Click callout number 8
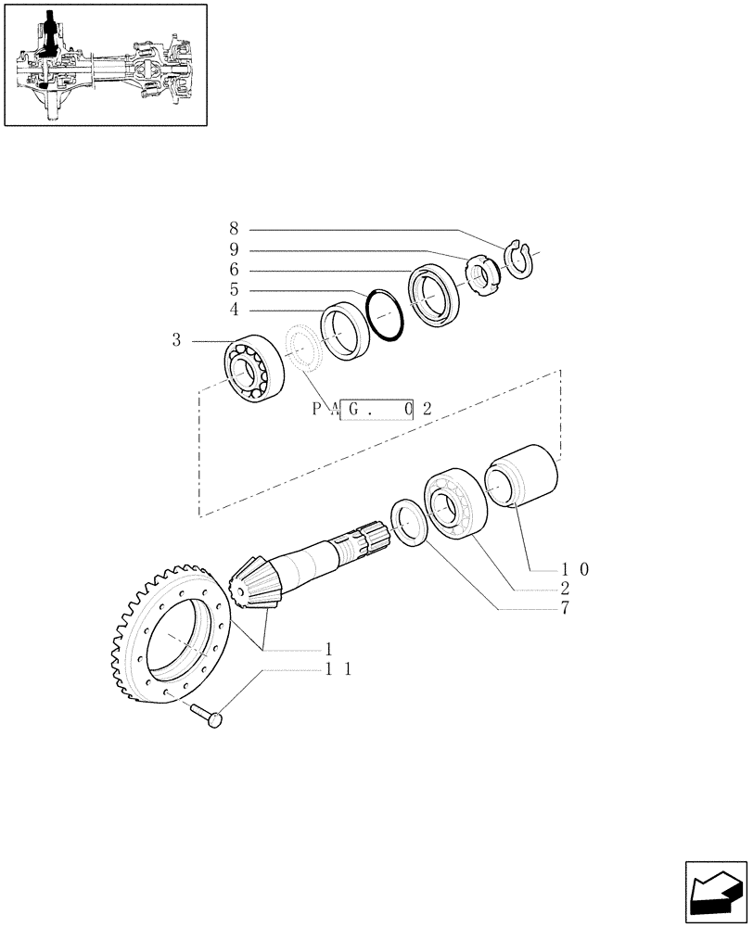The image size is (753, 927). [x=234, y=228]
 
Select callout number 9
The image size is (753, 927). [x=234, y=248]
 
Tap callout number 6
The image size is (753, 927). [x=234, y=269]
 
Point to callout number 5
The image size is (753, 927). [x=234, y=289]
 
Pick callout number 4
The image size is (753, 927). [x=234, y=310]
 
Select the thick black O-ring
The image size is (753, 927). [x=386, y=314]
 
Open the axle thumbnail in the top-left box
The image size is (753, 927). [x=104, y=64]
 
